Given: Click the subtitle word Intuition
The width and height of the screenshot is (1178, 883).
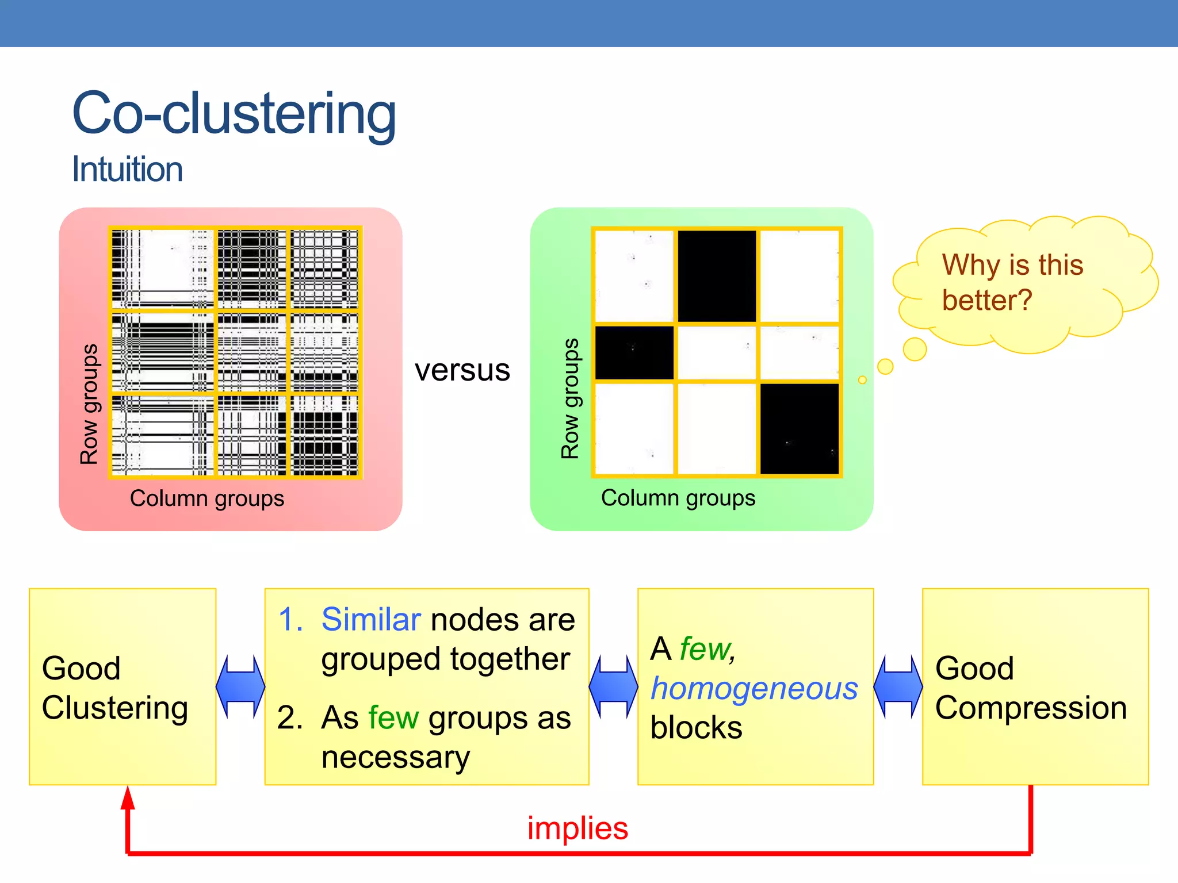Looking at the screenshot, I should click(x=127, y=170).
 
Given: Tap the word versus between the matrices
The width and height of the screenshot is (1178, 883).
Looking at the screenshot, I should click(x=462, y=370).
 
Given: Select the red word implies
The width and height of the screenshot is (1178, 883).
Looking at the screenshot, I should click(x=577, y=828).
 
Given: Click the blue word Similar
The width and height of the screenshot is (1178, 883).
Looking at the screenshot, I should click(x=371, y=620).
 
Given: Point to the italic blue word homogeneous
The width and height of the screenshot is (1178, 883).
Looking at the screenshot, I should click(x=754, y=688).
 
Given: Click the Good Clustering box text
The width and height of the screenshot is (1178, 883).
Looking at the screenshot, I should click(x=114, y=688).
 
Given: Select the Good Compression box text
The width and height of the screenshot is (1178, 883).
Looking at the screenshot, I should click(x=1030, y=688).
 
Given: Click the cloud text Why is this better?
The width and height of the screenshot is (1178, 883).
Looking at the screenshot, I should click(x=1012, y=282).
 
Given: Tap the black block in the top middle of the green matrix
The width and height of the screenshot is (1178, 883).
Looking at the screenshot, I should click(x=717, y=276).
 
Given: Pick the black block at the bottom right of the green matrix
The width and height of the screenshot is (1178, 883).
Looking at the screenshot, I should click(x=800, y=429).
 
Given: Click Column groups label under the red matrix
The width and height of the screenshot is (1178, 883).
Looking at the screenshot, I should click(x=207, y=498).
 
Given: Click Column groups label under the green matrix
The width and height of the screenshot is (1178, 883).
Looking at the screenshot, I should click(x=678, y=498).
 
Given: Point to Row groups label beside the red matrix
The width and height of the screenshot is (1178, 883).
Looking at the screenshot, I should click(x=89, y=404).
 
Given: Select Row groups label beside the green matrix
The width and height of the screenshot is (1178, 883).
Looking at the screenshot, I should click(x=570, y=398).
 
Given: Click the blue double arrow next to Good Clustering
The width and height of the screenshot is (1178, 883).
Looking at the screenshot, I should click(x=240, y=686).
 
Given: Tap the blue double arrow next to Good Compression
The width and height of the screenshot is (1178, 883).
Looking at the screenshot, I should click(x=898, y=686).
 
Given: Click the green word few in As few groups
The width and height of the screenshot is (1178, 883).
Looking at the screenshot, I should click(x=393, y=718).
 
